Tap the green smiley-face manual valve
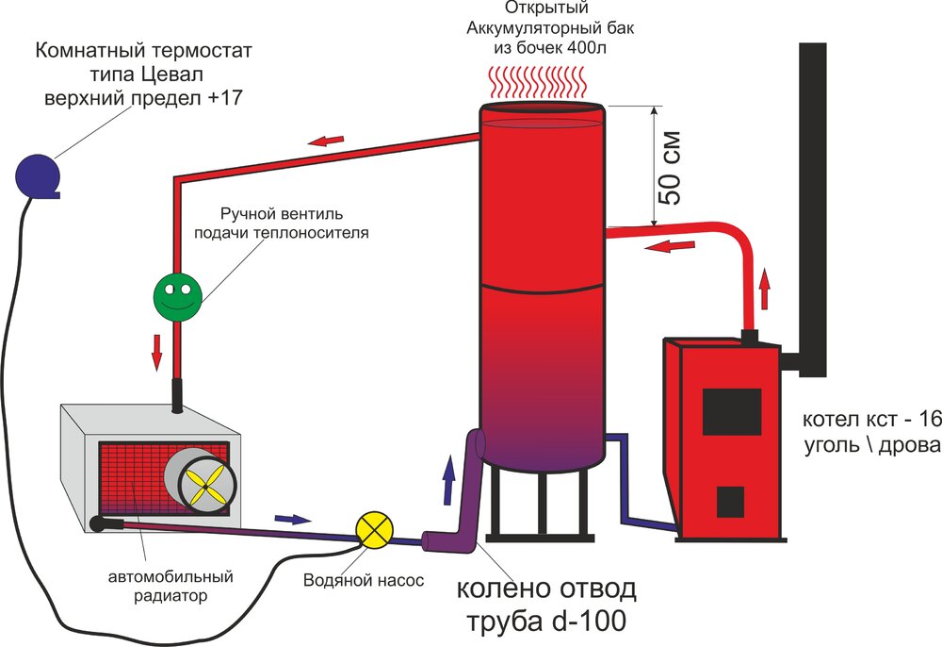coord(177,297)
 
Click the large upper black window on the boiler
coord(732,412)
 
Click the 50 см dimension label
coord(670,174)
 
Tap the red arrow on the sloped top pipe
coord(328,141)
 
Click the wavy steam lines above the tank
coord(542,83)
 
